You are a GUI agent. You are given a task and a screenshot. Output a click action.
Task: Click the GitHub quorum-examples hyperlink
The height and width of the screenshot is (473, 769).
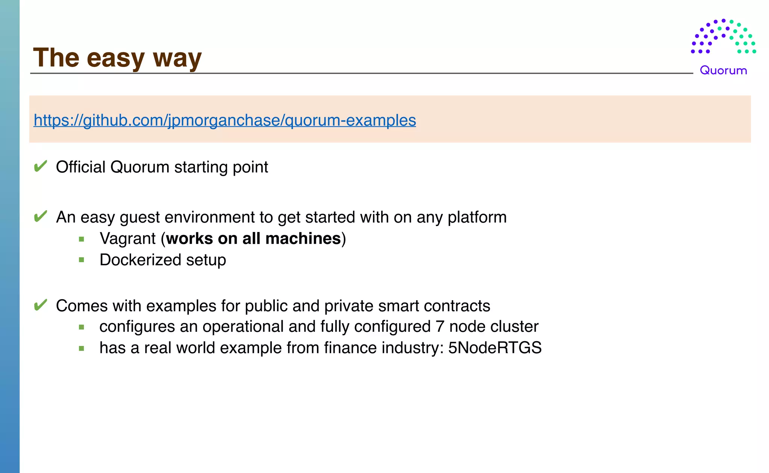coord(225,121)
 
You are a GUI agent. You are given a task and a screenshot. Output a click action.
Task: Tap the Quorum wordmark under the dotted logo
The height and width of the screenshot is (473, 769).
coord(723,70)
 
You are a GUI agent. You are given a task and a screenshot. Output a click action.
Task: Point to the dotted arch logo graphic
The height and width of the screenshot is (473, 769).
coord(723,37)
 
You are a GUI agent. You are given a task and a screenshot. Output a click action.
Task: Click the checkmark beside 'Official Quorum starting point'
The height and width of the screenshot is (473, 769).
coord(40,166)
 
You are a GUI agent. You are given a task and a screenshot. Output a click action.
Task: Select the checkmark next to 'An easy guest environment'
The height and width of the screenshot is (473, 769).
coord(40,216)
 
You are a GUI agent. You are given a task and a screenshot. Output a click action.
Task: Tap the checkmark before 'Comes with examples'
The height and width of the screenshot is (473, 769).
coord(40,305)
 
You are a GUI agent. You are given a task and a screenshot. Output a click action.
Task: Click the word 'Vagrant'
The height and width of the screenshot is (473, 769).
coord(128,239)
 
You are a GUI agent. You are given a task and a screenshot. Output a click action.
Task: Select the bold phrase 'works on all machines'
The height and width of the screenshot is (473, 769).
coord(253,239)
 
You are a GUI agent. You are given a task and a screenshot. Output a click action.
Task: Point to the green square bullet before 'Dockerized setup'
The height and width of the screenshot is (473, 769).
coord(81,260)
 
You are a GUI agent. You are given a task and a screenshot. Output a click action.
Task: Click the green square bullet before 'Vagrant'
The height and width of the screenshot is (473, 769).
coord(81,239)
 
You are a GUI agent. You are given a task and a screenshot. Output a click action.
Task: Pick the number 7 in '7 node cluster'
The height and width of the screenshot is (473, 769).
coord(440,327)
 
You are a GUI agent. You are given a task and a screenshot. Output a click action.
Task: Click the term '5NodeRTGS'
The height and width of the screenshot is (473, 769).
coord(495,348)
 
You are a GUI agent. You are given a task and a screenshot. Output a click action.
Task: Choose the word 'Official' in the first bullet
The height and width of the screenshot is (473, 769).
coord(80,167)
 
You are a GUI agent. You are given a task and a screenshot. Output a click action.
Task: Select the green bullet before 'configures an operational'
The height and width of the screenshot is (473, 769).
coord(81,327)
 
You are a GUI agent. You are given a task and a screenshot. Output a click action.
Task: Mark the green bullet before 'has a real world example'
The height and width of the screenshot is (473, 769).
coord(81,348)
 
